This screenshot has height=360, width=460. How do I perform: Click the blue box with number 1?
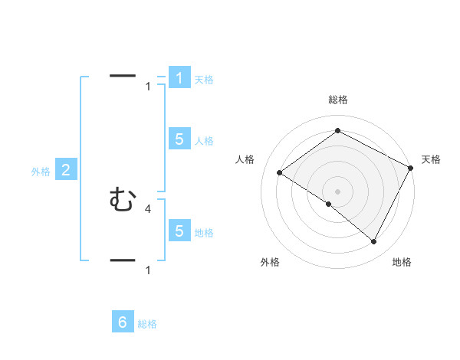179,77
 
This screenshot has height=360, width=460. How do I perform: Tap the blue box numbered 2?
66,170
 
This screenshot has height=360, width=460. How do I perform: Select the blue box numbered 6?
123,322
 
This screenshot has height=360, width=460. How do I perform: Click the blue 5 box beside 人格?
179,139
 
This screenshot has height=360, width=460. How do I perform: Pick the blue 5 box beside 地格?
179,231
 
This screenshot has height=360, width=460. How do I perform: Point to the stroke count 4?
147,208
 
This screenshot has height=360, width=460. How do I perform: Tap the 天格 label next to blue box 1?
204,79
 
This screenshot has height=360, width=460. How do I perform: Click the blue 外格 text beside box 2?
41,172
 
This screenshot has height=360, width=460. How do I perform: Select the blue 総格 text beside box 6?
147,324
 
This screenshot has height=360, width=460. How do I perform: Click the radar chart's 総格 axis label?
338,100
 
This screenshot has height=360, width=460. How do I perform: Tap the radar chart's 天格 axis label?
431,159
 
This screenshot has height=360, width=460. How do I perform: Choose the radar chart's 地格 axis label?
402,262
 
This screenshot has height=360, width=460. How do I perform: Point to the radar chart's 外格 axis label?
270,262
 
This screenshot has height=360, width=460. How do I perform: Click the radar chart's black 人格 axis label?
245,159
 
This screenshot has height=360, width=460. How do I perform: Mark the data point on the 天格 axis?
411,168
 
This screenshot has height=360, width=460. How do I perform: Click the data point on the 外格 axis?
328,205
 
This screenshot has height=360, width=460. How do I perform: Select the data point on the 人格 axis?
280,173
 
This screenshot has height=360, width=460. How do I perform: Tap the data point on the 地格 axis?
374,242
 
